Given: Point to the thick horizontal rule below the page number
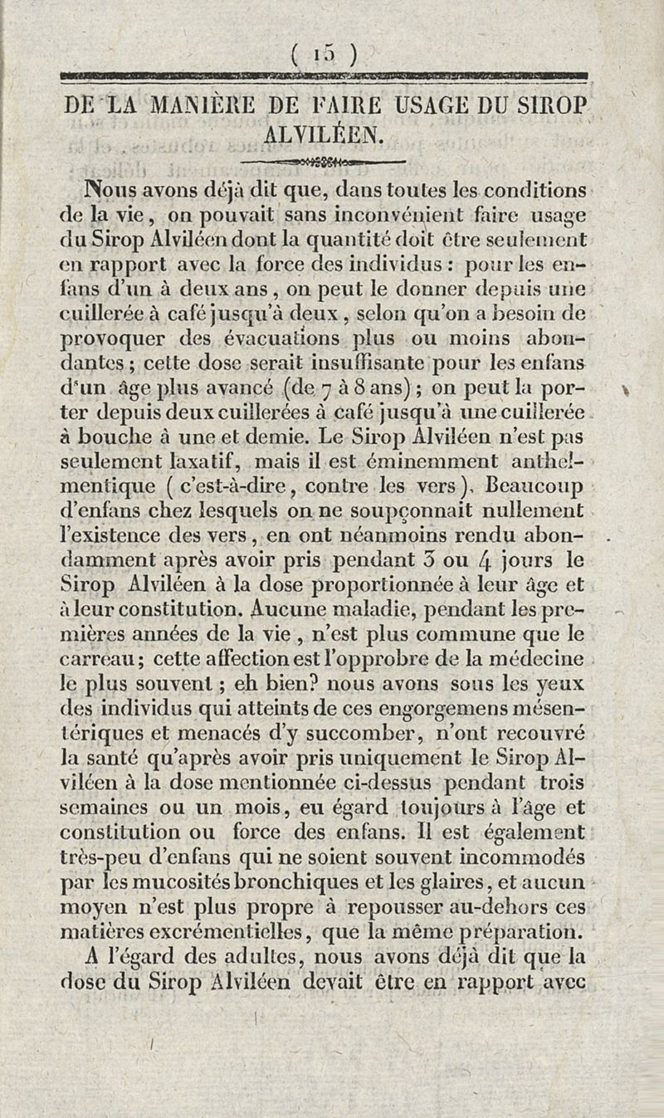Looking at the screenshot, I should point(325,79).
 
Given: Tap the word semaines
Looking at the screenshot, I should point(105,808).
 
